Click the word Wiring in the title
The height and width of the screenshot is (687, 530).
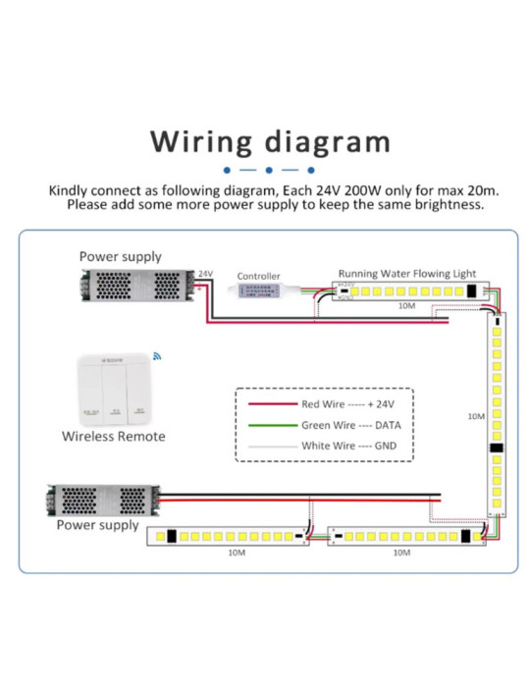coord(200,141)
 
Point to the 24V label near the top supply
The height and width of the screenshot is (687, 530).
coord(205,274)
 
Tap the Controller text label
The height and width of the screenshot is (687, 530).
coord(258,277)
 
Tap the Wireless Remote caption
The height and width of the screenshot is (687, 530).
coord(113,436)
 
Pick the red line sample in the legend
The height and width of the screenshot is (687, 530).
coord(271,404)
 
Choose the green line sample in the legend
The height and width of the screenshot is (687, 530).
coord(271,425)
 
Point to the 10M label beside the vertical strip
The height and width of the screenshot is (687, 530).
coord(475,417)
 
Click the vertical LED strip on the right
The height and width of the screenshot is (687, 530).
coord(498,413)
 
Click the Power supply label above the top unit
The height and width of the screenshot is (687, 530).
coord(120,256)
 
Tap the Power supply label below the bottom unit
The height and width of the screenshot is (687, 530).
coord(97,525)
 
